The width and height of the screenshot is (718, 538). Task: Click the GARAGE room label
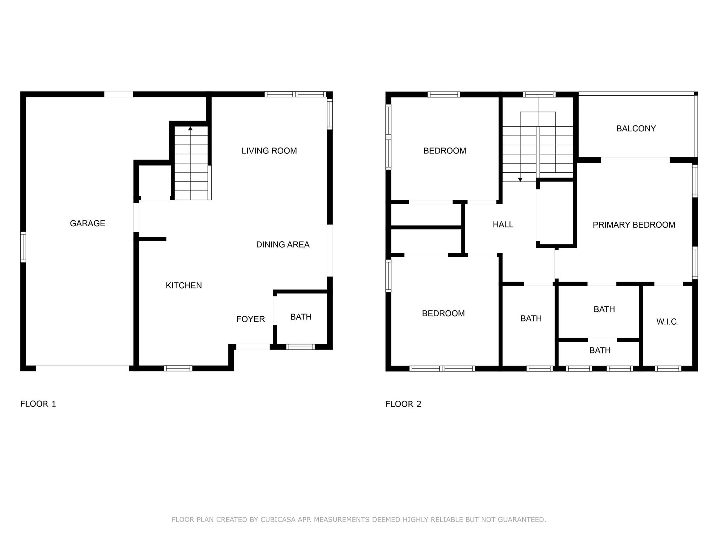[87, 223]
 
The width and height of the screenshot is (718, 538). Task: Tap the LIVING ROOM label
[269, 151]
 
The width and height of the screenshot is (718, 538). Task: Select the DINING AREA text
[283, 244]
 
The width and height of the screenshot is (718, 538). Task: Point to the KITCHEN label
[183, 285]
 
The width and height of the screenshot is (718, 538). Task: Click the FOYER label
[250, 319]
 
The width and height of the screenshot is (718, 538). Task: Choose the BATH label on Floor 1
[301, 317]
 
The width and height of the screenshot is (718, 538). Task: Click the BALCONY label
[636, 129]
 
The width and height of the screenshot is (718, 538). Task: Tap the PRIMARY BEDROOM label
[634, 225]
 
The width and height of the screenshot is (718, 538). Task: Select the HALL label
[503, 225]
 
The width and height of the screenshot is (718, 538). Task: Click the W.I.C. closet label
[667, 322]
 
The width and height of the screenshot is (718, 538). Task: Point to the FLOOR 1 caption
[38, 404]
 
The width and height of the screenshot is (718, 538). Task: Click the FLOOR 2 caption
[403, 404]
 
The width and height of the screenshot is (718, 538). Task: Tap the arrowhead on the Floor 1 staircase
[190, 129]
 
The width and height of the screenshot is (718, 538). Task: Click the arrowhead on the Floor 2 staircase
[520, 180]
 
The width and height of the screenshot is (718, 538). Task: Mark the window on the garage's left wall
[23, 247]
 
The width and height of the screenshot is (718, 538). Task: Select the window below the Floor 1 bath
[300, 347]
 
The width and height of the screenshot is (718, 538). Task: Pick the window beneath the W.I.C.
[668, 368]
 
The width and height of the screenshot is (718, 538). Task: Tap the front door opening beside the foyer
[253, 347]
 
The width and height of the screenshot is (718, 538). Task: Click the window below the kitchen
[178, 368]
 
